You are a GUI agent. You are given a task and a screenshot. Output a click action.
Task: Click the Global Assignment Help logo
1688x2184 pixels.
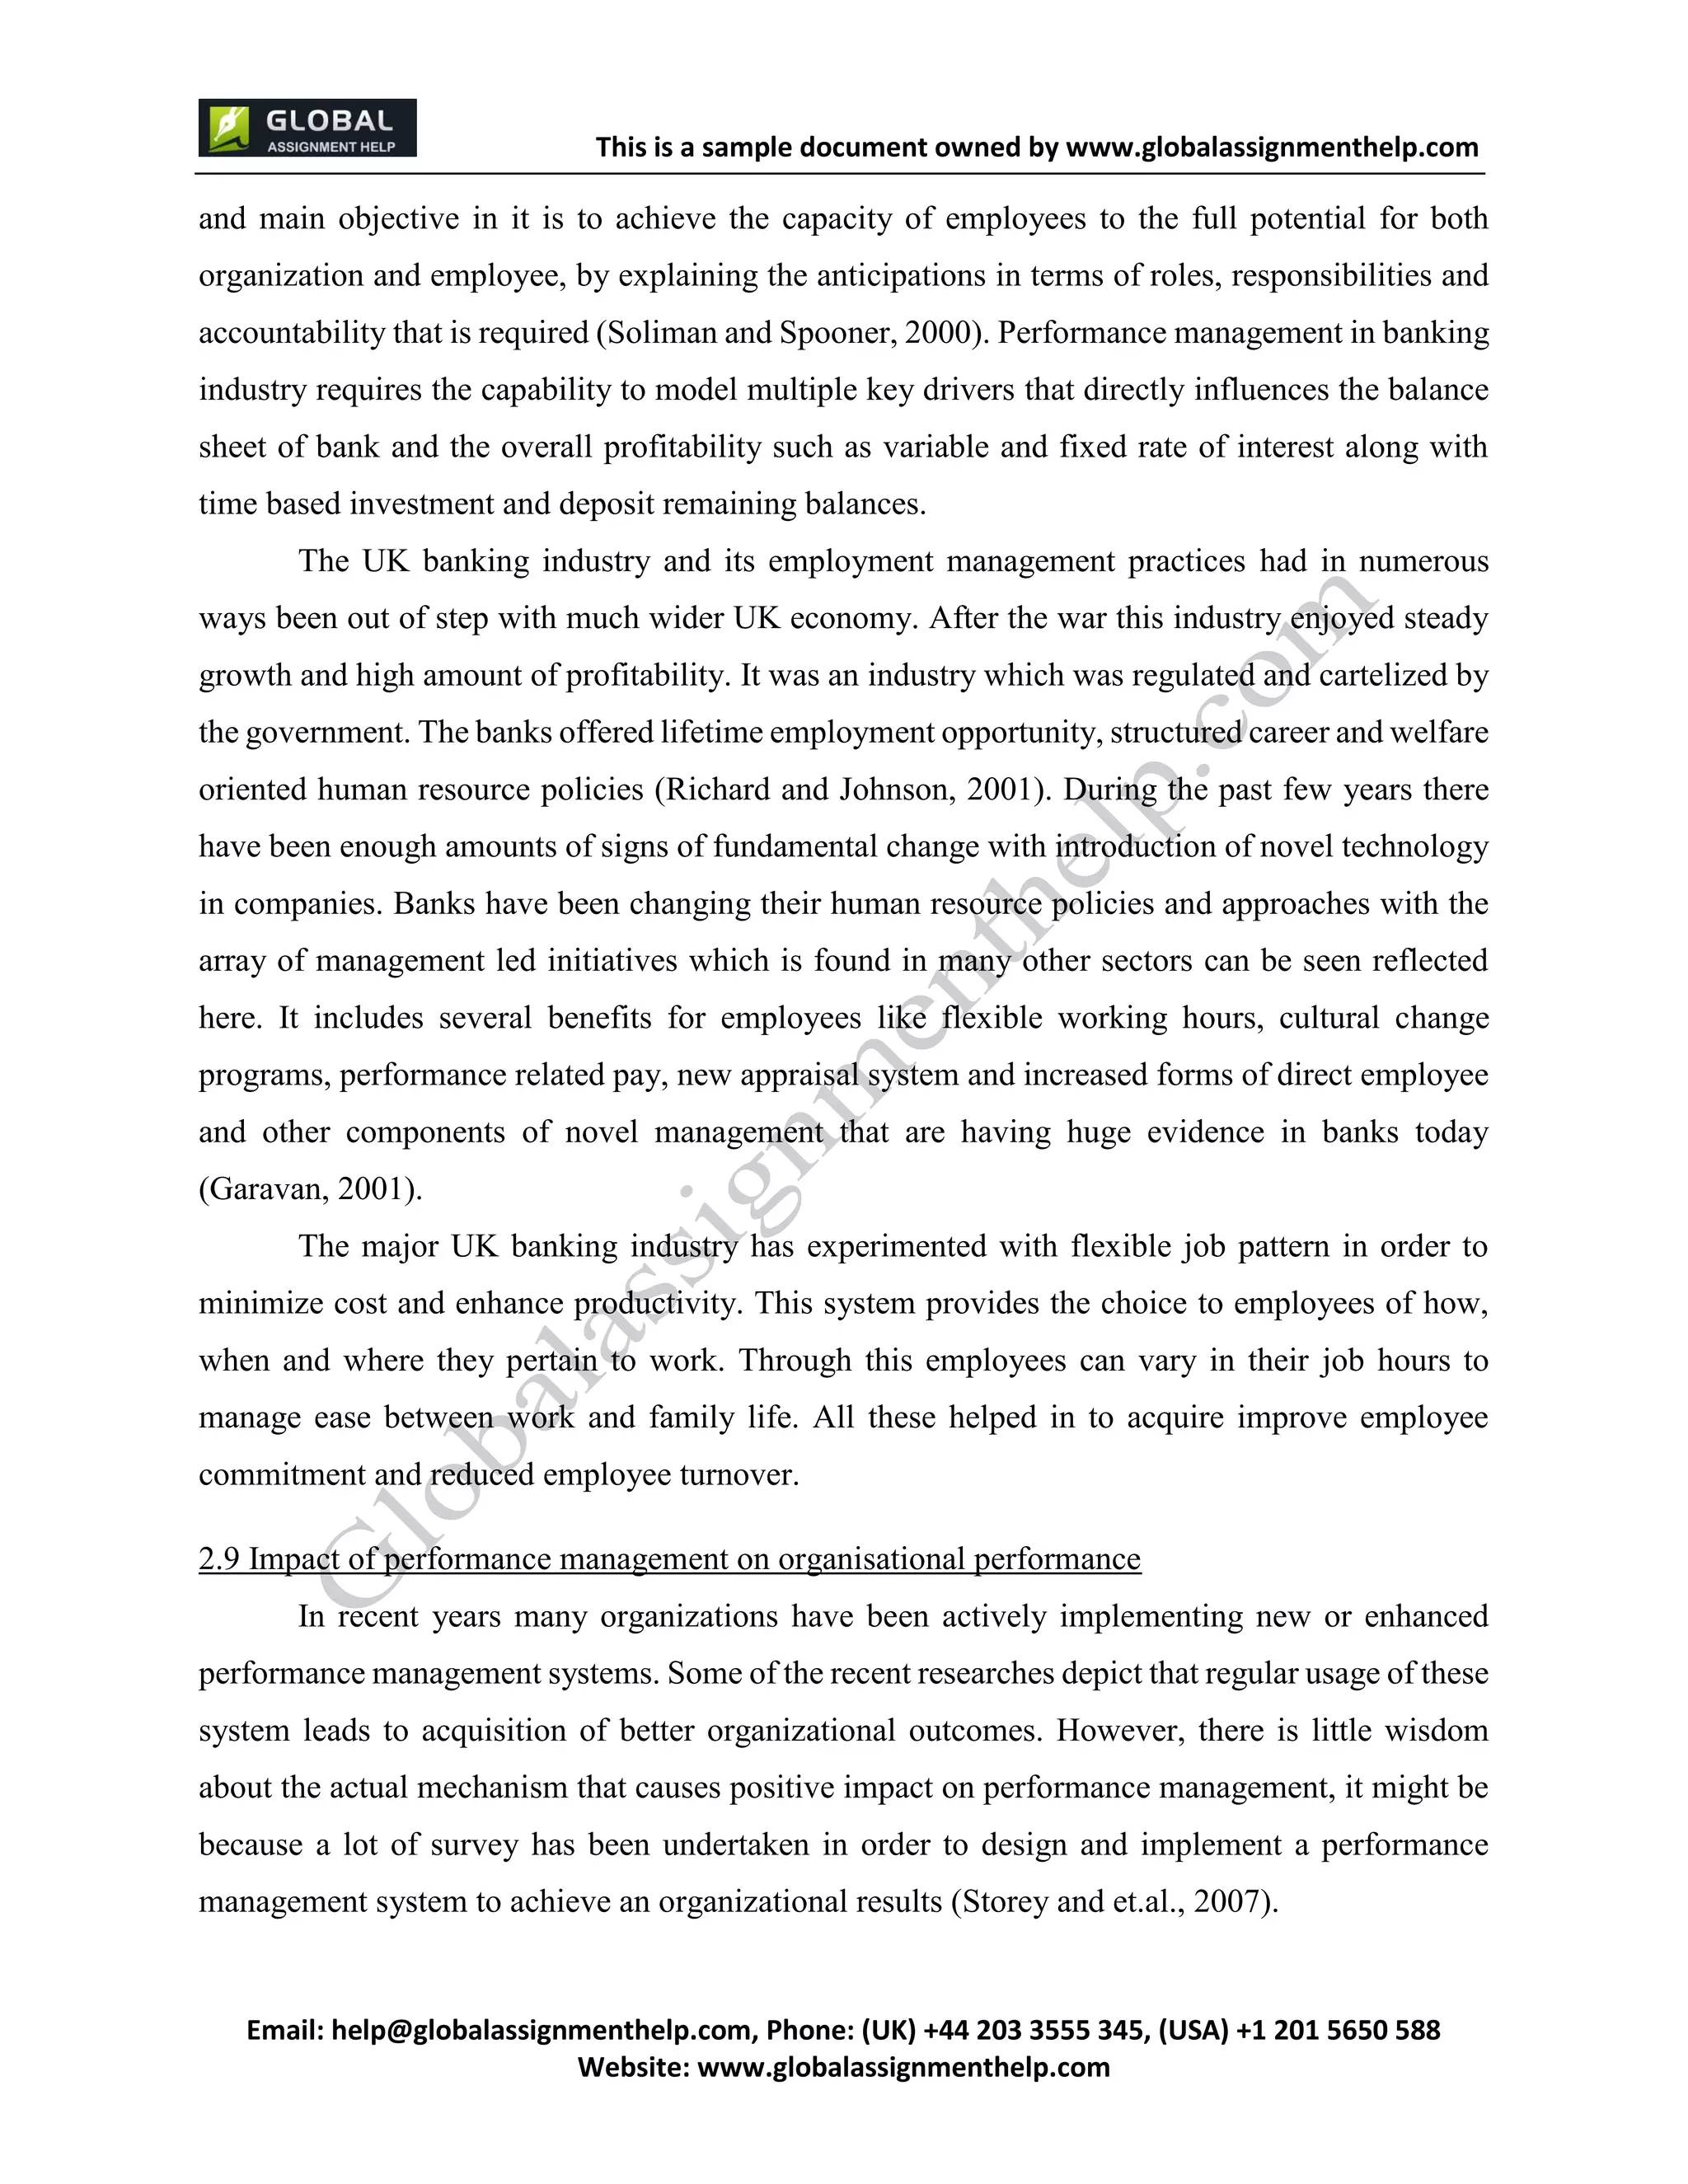(307, 128)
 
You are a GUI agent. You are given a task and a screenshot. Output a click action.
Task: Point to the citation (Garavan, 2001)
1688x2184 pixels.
(310, 1189)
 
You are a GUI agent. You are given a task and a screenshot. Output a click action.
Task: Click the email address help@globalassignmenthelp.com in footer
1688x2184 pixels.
(541, 2030)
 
